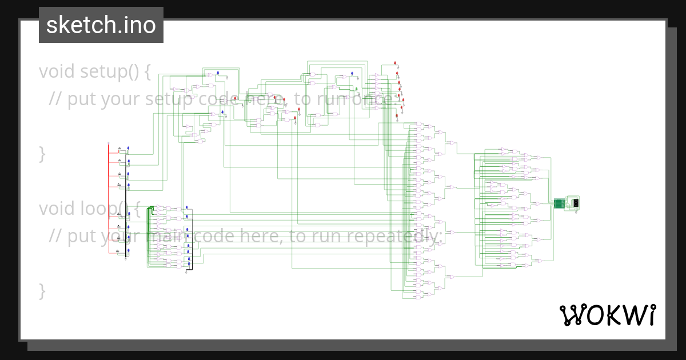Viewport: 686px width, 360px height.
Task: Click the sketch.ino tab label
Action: click(x=101, y=25)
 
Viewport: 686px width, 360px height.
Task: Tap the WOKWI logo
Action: click(x=608, y=315)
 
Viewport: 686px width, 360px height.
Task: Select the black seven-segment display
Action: click(x=576, y=203)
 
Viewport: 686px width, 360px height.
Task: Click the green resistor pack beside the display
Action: click(x=559, y=203)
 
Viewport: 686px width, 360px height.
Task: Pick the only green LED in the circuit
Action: click(x=356, y=89)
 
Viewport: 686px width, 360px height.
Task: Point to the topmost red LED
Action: click(x=395, y=63)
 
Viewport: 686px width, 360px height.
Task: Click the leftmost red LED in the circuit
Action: click(x=235, y=98)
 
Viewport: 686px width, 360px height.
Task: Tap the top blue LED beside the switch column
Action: click(x=128, y=148)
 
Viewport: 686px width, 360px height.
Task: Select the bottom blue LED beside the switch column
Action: click(x=128, y=250)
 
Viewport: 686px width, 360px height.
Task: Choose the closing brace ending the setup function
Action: click(x=42, y=153)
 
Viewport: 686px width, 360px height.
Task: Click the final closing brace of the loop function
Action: click(x=42, y=290)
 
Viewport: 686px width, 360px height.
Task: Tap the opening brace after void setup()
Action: click(x=147, y=72)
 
